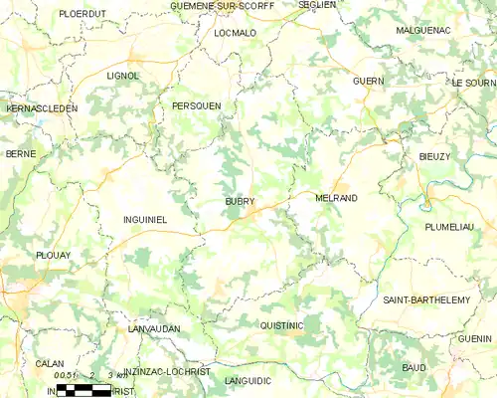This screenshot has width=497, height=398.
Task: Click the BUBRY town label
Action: pyautogui.click(x=240, y=201)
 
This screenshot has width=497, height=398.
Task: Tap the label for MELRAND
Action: pyautogui.click(x=335, y=198)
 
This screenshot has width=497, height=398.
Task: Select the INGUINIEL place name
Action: pyautogui.click(x=144, y=218)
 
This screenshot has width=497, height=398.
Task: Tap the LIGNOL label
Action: pyautogui.click(x=123, y=75)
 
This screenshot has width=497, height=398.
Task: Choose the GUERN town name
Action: pyautogui.click(x=368, y=80)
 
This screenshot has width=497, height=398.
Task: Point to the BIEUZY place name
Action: pyautogui.click(x=435, y=156)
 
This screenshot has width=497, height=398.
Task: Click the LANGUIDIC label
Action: pyautogui.click(x=248, y=380)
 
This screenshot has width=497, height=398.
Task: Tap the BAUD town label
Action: pyautogui.click(x=414, y=368)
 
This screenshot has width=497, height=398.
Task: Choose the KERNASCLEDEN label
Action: pyautogui.click(x=41, y=107)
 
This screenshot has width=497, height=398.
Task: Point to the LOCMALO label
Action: pyautogui.click(x=235, y=33)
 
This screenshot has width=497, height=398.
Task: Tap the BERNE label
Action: pyautogui.click(x=21, y=154)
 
